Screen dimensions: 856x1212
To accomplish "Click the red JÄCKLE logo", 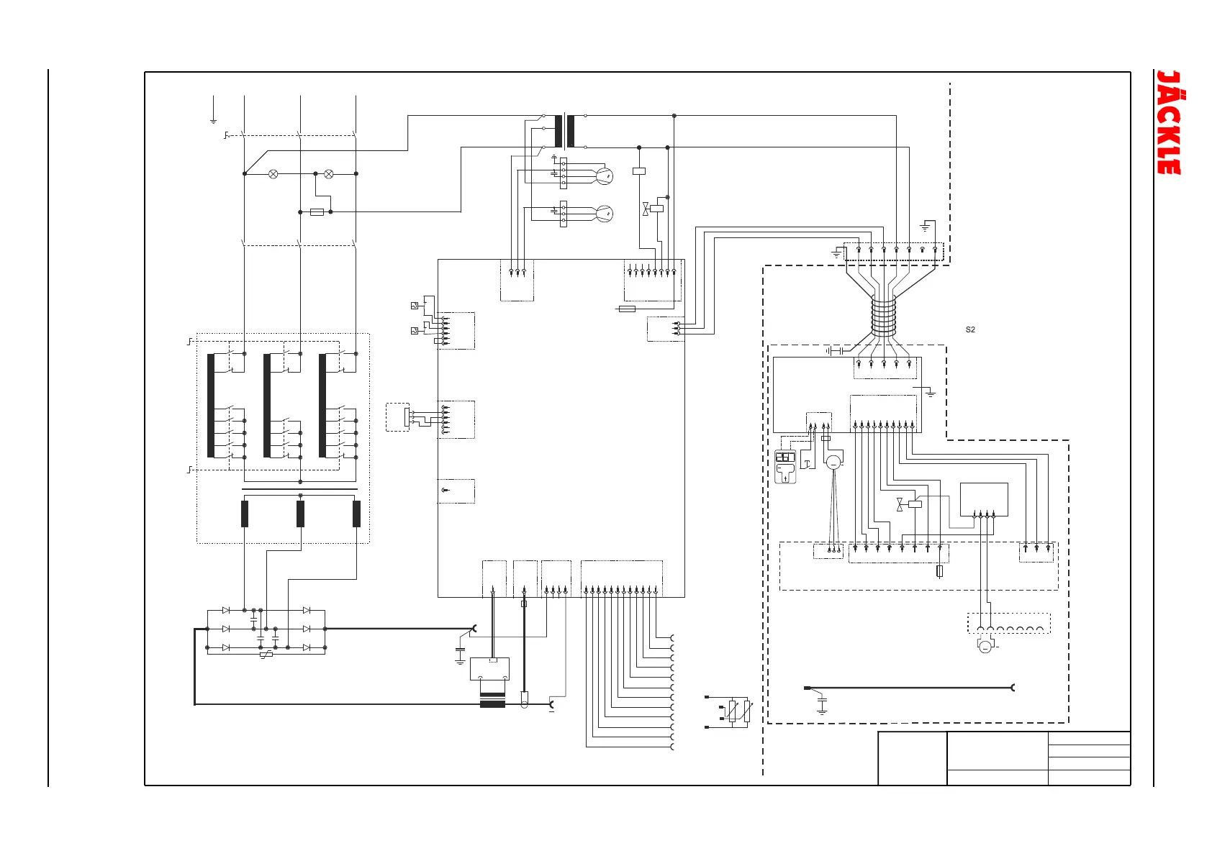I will pyautogui.click(x=1169, y=122).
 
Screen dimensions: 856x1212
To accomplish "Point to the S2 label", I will pyautogui.click(x=970, y=329).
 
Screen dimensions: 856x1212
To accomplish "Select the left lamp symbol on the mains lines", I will pyautogui.click(x=273, y=173).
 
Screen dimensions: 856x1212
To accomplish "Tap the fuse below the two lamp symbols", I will pyautogui.click(x=317, y=212).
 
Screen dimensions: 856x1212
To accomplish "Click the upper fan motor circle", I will pyautogui.click(x=605, y=176).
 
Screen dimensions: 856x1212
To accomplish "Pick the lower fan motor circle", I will pyautogui.click(x=605, y=214).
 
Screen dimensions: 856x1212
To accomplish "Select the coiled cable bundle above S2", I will pyautogui.click(x=883, y=315).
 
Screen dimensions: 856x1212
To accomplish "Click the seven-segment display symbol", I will pyautogui.click(x=785, y=457).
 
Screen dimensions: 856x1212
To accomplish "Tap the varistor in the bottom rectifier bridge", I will pyautogui.click(x=266, y=655).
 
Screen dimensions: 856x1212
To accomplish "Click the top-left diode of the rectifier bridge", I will pyautogui.click(x=226, y=610).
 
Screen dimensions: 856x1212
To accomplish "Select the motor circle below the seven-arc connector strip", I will pyautogui.click(x=985, y=647).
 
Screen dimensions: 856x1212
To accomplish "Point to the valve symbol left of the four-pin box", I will pyautogui.click(x=900, y=505).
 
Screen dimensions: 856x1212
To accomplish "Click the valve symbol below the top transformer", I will pyautogui.click(x=646, y=209).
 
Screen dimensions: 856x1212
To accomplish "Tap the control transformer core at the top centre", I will pyautogui.click(x=565, y=131).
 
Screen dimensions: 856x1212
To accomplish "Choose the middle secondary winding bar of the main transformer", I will pyautogui.click(x=300, y=514).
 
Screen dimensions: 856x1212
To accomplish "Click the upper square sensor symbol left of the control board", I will pyautogui.click(x=414, y=306).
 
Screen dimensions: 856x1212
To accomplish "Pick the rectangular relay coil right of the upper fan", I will pyautogui.click(x=638, y=171).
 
